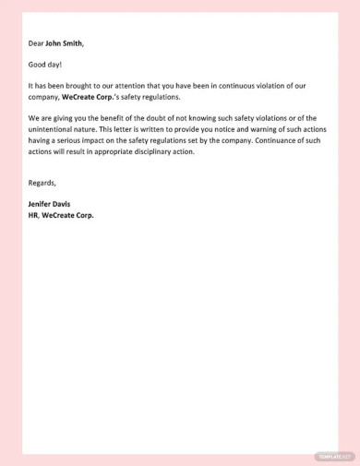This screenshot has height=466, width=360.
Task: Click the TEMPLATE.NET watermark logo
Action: [334, 456]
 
